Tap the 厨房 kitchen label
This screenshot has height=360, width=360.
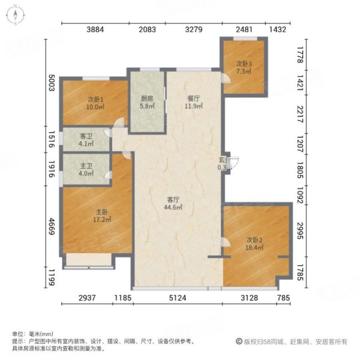coord(147,100)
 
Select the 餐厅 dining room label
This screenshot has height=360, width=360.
coord(193,100)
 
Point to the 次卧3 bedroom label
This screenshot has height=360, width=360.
coord(244,64)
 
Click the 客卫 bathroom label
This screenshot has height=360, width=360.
coord(86,136)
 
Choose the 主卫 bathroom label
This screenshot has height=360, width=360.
coord(86,166)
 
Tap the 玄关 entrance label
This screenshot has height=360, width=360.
coord(223,159)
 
